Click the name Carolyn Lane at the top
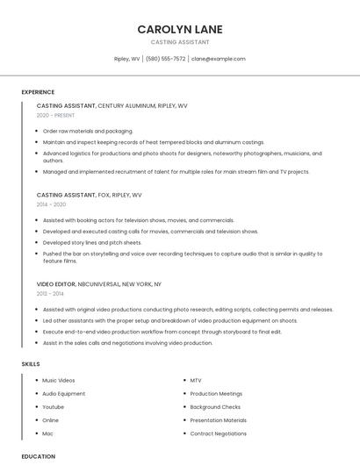pyautogui.click(x=180, y=29)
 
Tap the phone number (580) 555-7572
pyautogui.click(x=166, y=59)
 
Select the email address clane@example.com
pyautogui.click(x=219, y=59)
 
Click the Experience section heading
pyautogui.click(x=38, y=92)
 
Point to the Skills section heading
pyautogui.click(x=31, y=363)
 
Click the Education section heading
pyautogui.click(x=38, y=456)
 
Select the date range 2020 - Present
pyautogui.click(x=55, y=115)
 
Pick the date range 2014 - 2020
pyautogui.click(x=51, y=204)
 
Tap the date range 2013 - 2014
pyautogui.click(x=51, y=293)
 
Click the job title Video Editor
pyautogui.click(x=56, y=284)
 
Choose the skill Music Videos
pyautogui.click(x=59, y=381)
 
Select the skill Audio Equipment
pyautogui.click(x=64, y=394)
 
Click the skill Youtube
pyautogui.click(x=54, y=407)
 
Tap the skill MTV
pyautogui.click(x=196, y=381)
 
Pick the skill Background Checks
pyautogui.click(x=215, y=407)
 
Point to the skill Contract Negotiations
pyautogui.click(x=219, y=433)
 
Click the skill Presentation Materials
pyautogui.click(x=219, y=420)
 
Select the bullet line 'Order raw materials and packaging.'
pyautogui.click(x=88, y=131)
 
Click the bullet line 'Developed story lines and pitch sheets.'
pyautogui.click(x=92, y=242)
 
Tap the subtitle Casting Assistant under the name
pyautogui.click(x=180, y=42)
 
